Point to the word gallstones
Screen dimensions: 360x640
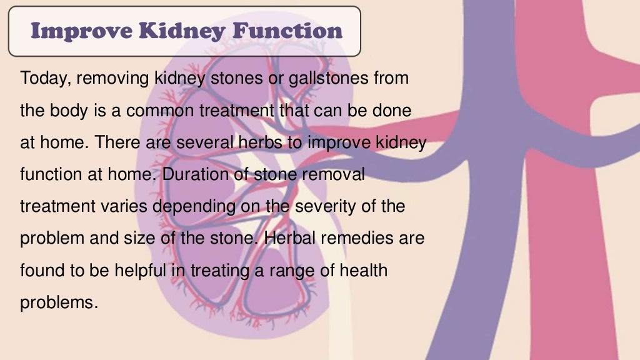[321, 79]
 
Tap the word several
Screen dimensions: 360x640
[206, 142]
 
